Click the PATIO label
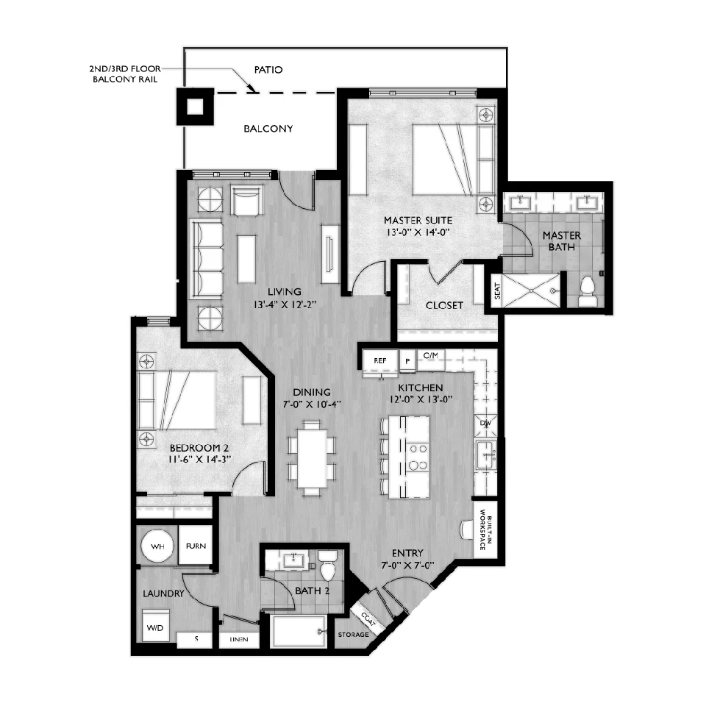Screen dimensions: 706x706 pos(268,70)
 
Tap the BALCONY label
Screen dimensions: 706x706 pos(268,129)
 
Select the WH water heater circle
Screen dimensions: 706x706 pos(157,546)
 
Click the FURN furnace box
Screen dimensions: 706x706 pos(196,545)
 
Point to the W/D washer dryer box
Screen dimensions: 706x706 pos(156,625)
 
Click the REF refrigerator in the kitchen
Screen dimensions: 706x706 pos(380,360)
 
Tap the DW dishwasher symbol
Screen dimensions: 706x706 pos(485,424)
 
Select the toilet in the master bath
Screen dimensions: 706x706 pos(587,291)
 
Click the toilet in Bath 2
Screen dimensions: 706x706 pos(327,566)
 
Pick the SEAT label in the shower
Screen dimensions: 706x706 pos(497,291)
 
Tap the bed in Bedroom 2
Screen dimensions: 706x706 pos(177,400)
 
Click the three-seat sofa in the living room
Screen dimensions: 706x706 pos(206,259)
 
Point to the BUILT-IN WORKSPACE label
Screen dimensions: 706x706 pos(486,529)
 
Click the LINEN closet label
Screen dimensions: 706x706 pos(238,639)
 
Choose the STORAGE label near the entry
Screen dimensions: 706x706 pos(354,635)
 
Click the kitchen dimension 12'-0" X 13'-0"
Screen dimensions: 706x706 pos(421,399)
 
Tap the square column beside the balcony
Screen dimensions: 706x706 pos(195,107)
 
